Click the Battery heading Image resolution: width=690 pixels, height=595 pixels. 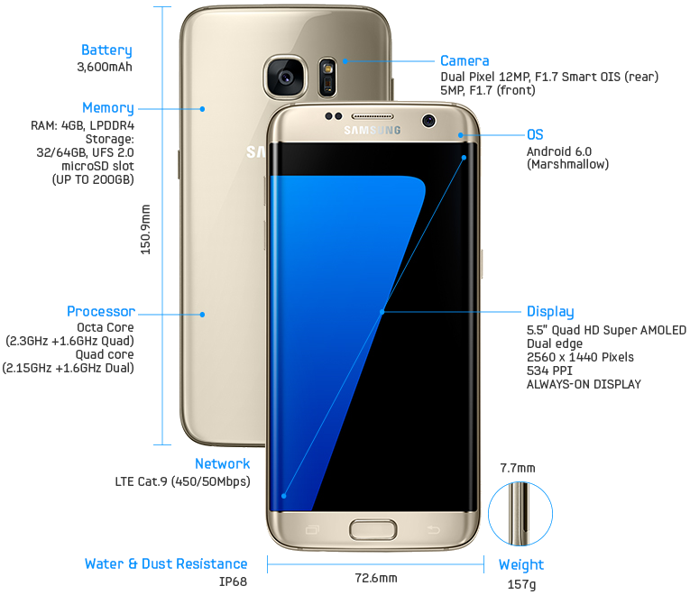(106, 50)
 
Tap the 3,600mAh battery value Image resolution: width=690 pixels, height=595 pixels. (105, 67)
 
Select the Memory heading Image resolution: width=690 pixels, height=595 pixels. (108, 108)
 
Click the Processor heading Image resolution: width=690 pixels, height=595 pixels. (101, 311)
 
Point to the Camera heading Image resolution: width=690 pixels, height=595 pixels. (465, 60)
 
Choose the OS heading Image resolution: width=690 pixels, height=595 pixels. (535, 134)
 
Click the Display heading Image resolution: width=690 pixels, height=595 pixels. (550, 312)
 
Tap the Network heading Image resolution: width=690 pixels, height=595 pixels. (222, 463)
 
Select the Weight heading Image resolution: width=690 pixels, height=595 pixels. (521, 565)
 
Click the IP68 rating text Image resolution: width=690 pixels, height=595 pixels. (234, 581)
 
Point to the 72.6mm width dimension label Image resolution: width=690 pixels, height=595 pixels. (376, 578)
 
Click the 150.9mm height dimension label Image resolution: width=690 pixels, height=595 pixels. (145, 229)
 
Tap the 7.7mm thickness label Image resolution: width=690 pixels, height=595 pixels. (518, 468)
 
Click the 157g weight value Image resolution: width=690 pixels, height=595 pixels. (522, 584)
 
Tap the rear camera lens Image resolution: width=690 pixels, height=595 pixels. (286, 78)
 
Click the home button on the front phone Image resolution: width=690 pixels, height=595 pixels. (373, 529)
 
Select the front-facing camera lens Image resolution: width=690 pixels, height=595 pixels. (428, 120)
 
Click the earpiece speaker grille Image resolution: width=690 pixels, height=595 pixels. (372, 116)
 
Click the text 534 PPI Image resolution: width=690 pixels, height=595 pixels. (549, 371)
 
